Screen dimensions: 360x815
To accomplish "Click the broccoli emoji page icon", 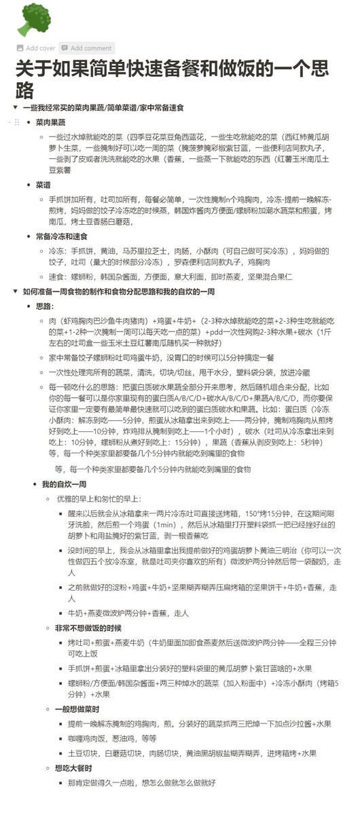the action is (30, 18).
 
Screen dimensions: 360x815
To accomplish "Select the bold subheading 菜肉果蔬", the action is (50, 122).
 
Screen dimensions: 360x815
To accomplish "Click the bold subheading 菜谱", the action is (43, 185).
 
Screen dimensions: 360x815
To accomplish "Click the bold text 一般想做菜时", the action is (75, 707).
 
